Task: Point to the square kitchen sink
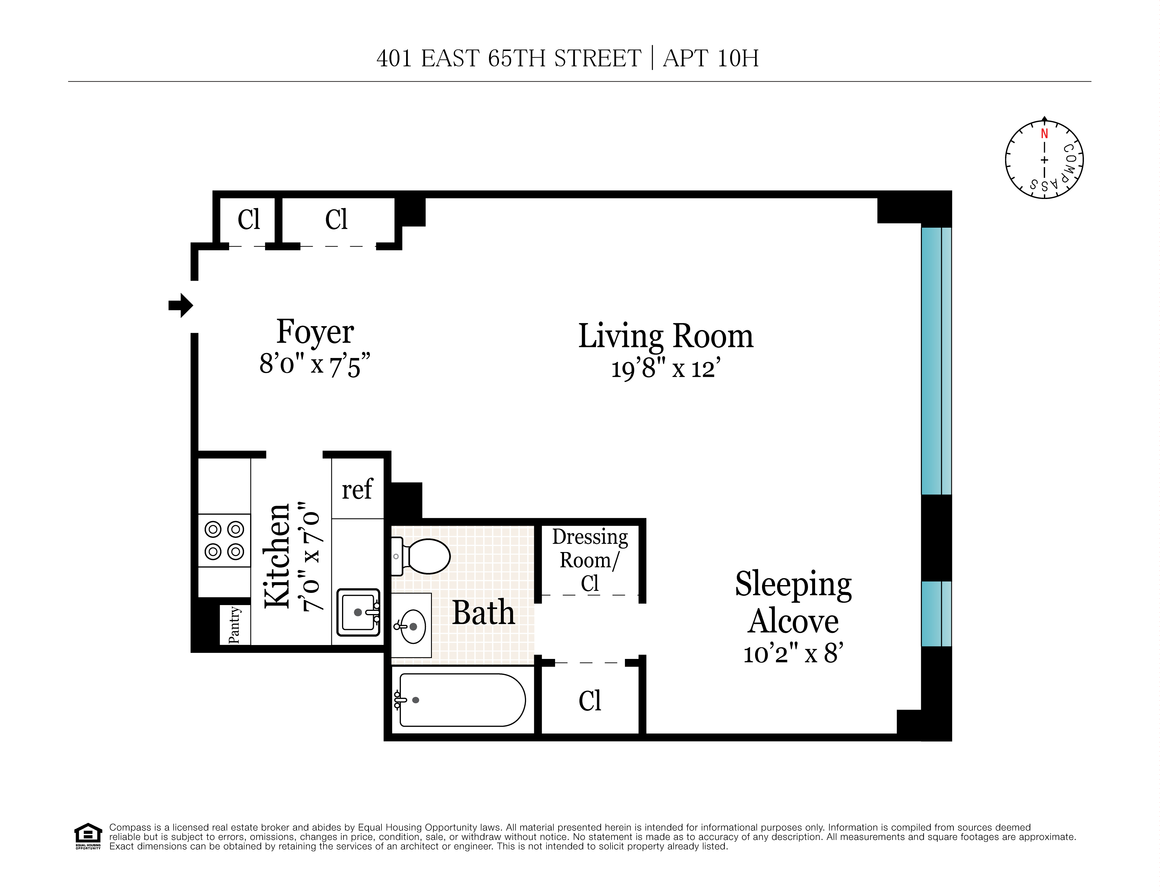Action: [359, 612]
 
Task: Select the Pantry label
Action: [234, 625]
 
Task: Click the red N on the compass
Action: [1044, 134]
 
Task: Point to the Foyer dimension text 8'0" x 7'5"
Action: [314, 365]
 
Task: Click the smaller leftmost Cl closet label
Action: [249, 219]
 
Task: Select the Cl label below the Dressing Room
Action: [590, 701]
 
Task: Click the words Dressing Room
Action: [590, 548]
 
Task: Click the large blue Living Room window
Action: [936, 361]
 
